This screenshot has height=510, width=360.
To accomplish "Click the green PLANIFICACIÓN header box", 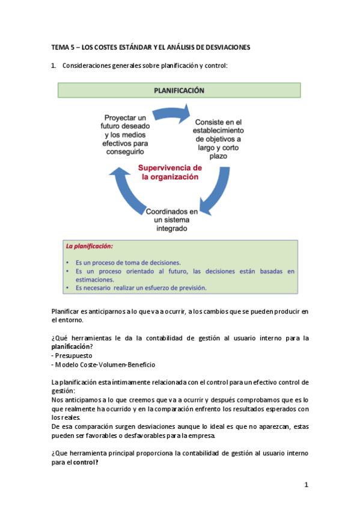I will tap(179, 90).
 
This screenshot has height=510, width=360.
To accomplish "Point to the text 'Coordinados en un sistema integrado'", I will tap(172, 221).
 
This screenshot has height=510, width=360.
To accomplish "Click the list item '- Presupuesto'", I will tap(72, 355).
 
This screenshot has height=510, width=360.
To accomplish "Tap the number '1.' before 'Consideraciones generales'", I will tap(54, 65).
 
